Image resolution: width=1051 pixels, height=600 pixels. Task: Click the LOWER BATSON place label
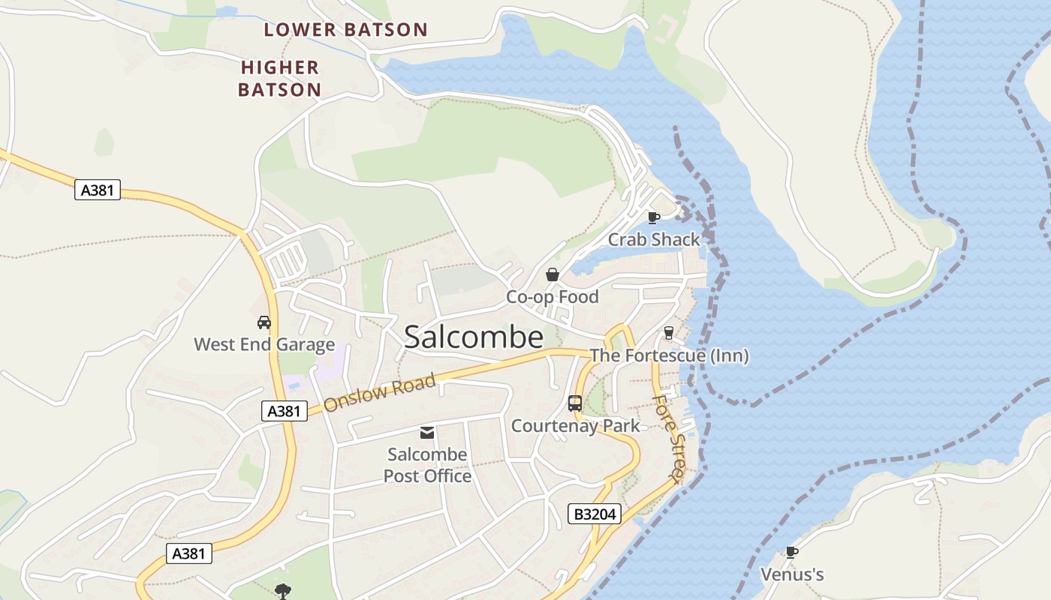pyautogui.click(x=345, y=30)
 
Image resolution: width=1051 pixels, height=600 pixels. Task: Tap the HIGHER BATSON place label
pyautogui.click(x=280, y=79)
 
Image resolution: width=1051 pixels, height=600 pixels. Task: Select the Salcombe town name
pyautogui.click(x=474, y=337)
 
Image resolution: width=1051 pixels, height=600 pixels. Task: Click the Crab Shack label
pyautogui.click(x=653, y=240)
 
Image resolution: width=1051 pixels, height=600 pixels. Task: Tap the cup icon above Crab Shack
pyautogui.click(x=653, y=217)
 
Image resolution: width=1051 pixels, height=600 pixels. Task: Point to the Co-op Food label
pyautogui.click(x=553, y=297)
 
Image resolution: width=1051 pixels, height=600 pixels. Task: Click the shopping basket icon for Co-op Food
pyautogui.click(x=553, y=274)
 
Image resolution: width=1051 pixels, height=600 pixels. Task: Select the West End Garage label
pyautogui.click(x=264, y=345)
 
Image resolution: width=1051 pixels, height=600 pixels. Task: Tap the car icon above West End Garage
pyautogui.click(x=264, y=322)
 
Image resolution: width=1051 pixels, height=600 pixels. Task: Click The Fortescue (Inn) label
pyautogui.click(x=669, y=355)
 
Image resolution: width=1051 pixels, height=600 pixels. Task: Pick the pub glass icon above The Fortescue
pyautogui.click(x=669, y=333)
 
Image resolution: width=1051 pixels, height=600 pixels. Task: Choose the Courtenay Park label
pyautogui.click(x=576, y=426)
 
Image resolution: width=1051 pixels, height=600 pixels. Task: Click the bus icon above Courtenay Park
pyautogui.click(x=575, y=403)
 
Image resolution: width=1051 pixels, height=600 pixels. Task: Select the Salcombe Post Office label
pyautogui.click(x=427, y=465)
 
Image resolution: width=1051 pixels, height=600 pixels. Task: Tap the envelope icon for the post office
pyautogui.click(x=427, y=432)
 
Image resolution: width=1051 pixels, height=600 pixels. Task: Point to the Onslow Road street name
pyautogui.click(x=380, y=392)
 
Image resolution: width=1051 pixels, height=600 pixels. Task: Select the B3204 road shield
pyautogui.click(x=595, y=514)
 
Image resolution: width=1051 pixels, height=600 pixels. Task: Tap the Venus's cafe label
pyautogui.click(x=792, y=575)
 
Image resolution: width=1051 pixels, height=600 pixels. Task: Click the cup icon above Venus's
pyautogui.click(x=792, y=553)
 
